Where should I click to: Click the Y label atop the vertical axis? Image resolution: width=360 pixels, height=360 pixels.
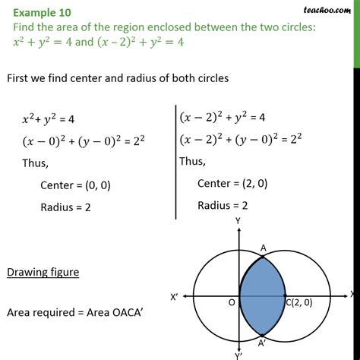click(x=238, y=220)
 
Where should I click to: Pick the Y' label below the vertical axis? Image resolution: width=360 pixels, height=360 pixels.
click(x=239, y=355)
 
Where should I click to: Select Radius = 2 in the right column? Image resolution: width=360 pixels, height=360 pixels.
click(x=225, y=204)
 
